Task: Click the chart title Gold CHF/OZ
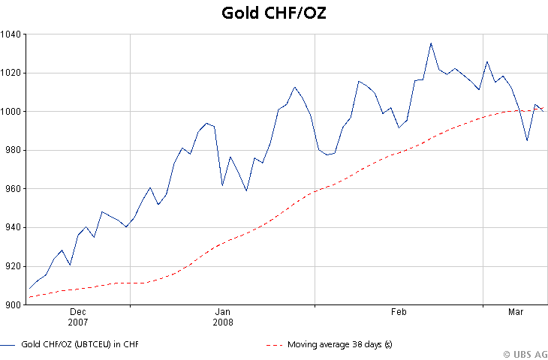click(x=274, y=13)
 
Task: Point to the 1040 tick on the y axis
click(x=11, y=34)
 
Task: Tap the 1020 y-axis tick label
click(x=11, y=73)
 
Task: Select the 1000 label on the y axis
click(x=11, y=112)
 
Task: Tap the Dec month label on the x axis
click(x=78, y=311)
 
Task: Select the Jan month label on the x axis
click(x=222, y=311)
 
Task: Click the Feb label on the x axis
click(x=399, y=311)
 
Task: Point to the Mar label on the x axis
click(x=516, y=311)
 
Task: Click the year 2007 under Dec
click(x=78, y=322)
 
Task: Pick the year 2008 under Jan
click(x=222, y=322)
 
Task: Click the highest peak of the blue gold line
click(x=431, y=43)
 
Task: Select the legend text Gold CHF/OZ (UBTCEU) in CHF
click(x=80, y=344)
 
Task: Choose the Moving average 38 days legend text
click(x=340, y=344)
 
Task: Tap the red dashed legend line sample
click(x=275, y=345)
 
